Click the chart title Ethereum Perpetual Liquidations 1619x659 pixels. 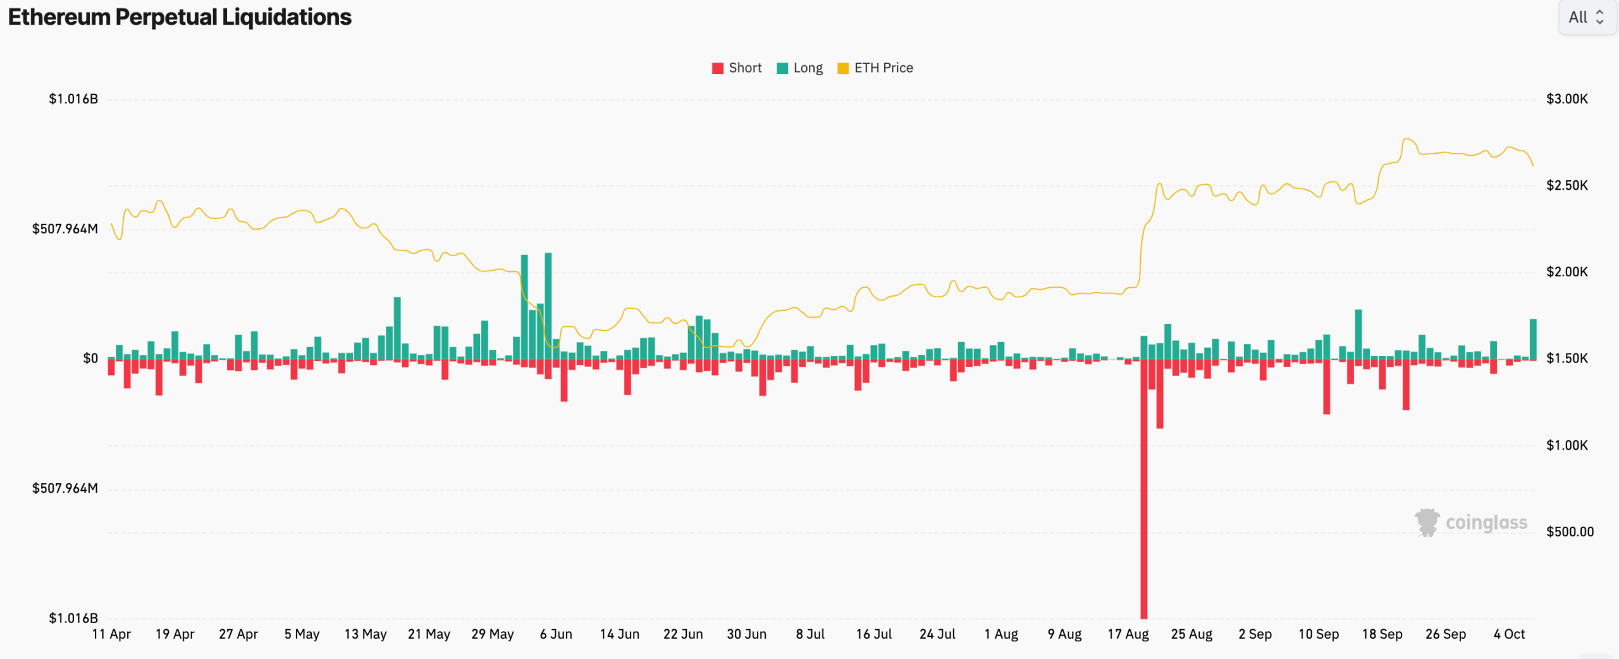click(x=180, y=17)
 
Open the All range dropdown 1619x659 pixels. click(x=1587, y=17)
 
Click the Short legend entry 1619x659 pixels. click(x=737, y=68)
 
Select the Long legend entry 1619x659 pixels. click(x=799, y=68)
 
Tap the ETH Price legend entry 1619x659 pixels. click(x=875, y=68)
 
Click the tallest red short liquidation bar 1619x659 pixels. click(x=1144, y=489)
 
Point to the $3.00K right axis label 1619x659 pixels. click(x=1567, y=99)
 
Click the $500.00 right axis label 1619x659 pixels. click(x=1570, y=532)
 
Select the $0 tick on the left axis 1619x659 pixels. click(x=90, y=359)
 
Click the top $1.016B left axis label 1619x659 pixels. click(x=73, y=99)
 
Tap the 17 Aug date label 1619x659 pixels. click(x=1128, y=634)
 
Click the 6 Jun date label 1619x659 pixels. click(x=556, y=634)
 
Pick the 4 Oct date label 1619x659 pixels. click(x=1510, y=634)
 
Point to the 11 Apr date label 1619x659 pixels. click(x=111, y=634)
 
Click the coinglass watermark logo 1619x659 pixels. click(x=1471, y=522)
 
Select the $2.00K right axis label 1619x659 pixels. click(x=1567, y=272)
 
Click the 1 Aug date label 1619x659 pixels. click(x=1001, y=634)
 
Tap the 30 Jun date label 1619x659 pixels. click(x=747, y=634)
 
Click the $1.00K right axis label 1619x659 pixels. click(x=1567, y=445)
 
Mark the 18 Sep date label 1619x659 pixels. click(x=1382, y=634)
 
